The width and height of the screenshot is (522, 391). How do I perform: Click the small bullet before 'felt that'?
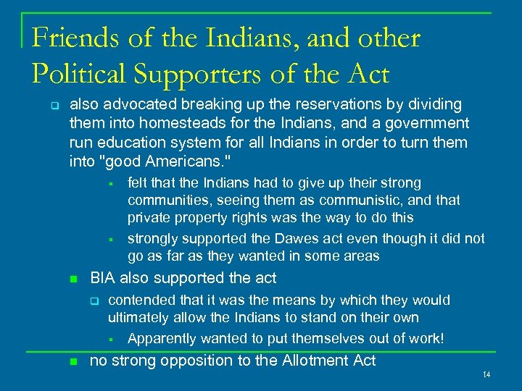pos(112,184)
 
